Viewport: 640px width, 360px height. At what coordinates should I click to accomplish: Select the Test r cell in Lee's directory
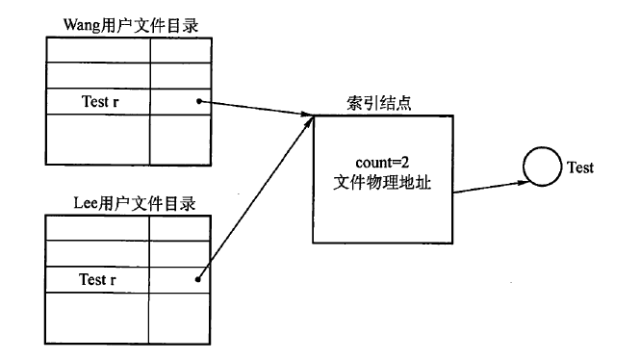click(x=97, y=280)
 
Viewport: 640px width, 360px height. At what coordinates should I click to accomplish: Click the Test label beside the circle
click(x=579, y=167)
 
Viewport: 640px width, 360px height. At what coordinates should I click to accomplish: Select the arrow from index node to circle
click(x=487, y=184)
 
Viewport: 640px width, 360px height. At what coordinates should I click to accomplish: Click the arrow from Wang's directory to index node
click(x=255, y=109)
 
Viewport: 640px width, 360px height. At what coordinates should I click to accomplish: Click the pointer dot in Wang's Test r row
click(x=197, y=100)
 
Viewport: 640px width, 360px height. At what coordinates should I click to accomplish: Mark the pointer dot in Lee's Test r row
click(x=197, y=280)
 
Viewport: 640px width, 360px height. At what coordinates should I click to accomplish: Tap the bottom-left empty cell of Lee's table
click(x=97, y=318)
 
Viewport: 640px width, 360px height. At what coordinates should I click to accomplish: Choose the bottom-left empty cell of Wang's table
click(x=97, y=140)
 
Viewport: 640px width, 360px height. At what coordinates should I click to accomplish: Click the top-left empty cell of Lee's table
click(x=97, y=228)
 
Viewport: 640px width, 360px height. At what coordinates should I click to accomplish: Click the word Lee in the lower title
click(x=87, y=204)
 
